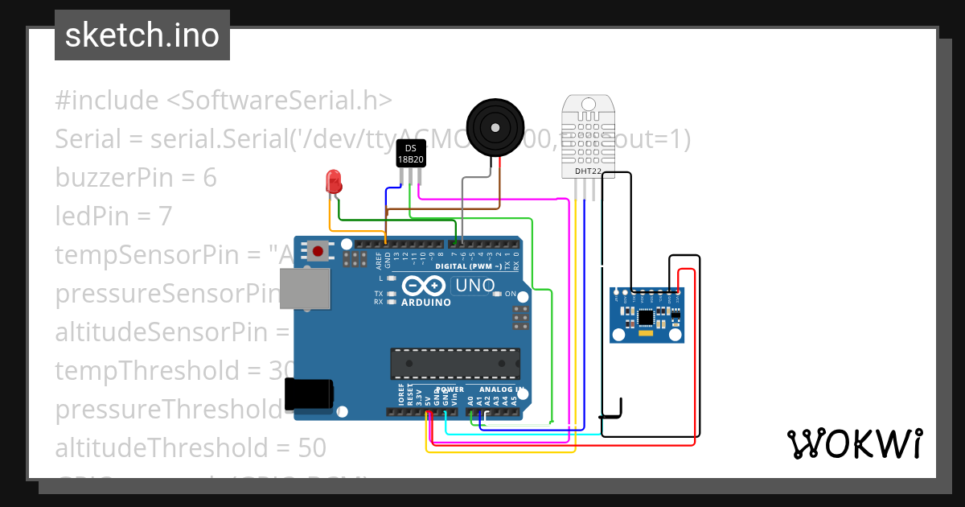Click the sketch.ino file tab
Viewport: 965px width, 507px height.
pos(142,35)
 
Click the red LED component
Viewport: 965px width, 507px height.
pos(333,182)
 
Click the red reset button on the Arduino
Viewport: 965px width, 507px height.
pos(318,252)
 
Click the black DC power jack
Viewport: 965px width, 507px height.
pos(310,395)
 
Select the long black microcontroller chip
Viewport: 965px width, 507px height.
pos(454,363)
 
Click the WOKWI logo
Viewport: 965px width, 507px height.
pos(854,443)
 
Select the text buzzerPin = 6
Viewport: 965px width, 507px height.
pos(136,178)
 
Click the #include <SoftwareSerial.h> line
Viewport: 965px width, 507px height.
pos(224,101)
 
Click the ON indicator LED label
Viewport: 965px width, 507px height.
pos(510,294)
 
